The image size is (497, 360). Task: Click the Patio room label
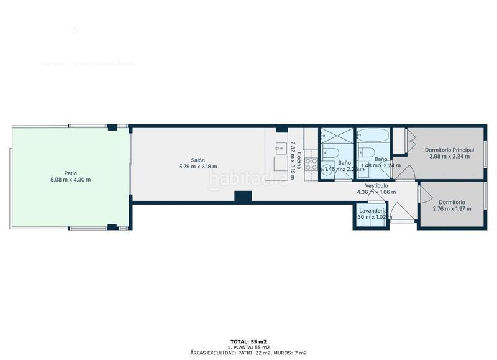(70, 173)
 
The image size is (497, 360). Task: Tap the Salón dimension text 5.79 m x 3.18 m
(198, 166)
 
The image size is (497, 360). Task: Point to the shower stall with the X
(335, 135)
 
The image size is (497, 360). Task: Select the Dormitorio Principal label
(449, 150)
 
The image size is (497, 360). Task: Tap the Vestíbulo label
(376, 185)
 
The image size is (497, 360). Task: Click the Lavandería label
(373, 211)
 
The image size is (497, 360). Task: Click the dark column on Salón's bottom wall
(243, 196)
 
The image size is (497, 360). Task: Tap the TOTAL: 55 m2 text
(248, 342)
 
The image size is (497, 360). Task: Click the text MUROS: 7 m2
(292, 353)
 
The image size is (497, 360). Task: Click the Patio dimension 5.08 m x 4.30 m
(70, 180)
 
